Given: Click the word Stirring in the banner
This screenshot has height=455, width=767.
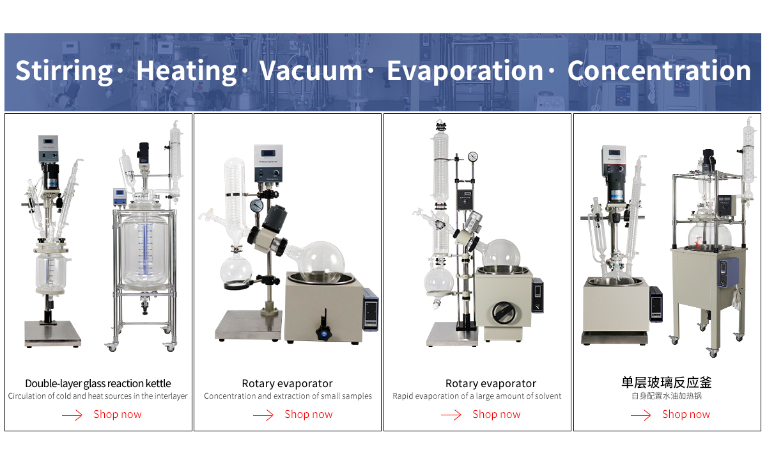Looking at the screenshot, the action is coord(64,71).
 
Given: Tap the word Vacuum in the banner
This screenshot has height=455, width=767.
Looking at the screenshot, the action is coord(311,70).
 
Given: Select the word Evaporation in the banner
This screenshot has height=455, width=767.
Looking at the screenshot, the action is coord(465,71).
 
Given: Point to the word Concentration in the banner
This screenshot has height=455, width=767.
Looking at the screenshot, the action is coord(659,70).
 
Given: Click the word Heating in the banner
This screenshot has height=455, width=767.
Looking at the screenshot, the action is coord(186,71).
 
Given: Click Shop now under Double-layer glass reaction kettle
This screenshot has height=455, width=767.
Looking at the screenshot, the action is coord(118,414).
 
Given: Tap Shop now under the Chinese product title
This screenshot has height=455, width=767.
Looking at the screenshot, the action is coord(686,414).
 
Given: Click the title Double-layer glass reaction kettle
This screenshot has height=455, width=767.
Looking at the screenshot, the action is coord(98,383).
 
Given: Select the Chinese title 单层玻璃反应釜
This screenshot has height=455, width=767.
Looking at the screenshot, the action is coord(667,382).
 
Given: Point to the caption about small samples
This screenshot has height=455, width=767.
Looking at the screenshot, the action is coord(288,396).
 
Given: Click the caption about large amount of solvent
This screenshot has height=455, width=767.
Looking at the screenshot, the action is coord(477,396).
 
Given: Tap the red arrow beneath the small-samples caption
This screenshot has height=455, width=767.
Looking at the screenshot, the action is coord(263,415).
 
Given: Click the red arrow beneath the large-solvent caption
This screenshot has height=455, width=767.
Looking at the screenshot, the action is coord(451,415).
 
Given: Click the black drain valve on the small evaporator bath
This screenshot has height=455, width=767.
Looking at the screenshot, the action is coord(323,328).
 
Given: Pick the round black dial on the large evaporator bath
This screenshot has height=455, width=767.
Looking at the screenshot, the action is coord(504,313).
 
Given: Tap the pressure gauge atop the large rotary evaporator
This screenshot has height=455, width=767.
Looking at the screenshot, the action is coord(473,157).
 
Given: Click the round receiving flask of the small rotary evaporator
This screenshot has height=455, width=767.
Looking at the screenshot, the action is coord(236,271).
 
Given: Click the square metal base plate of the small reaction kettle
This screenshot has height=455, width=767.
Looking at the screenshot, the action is coord(52,333).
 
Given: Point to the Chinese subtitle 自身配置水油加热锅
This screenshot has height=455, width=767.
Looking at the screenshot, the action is coord(667,396).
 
